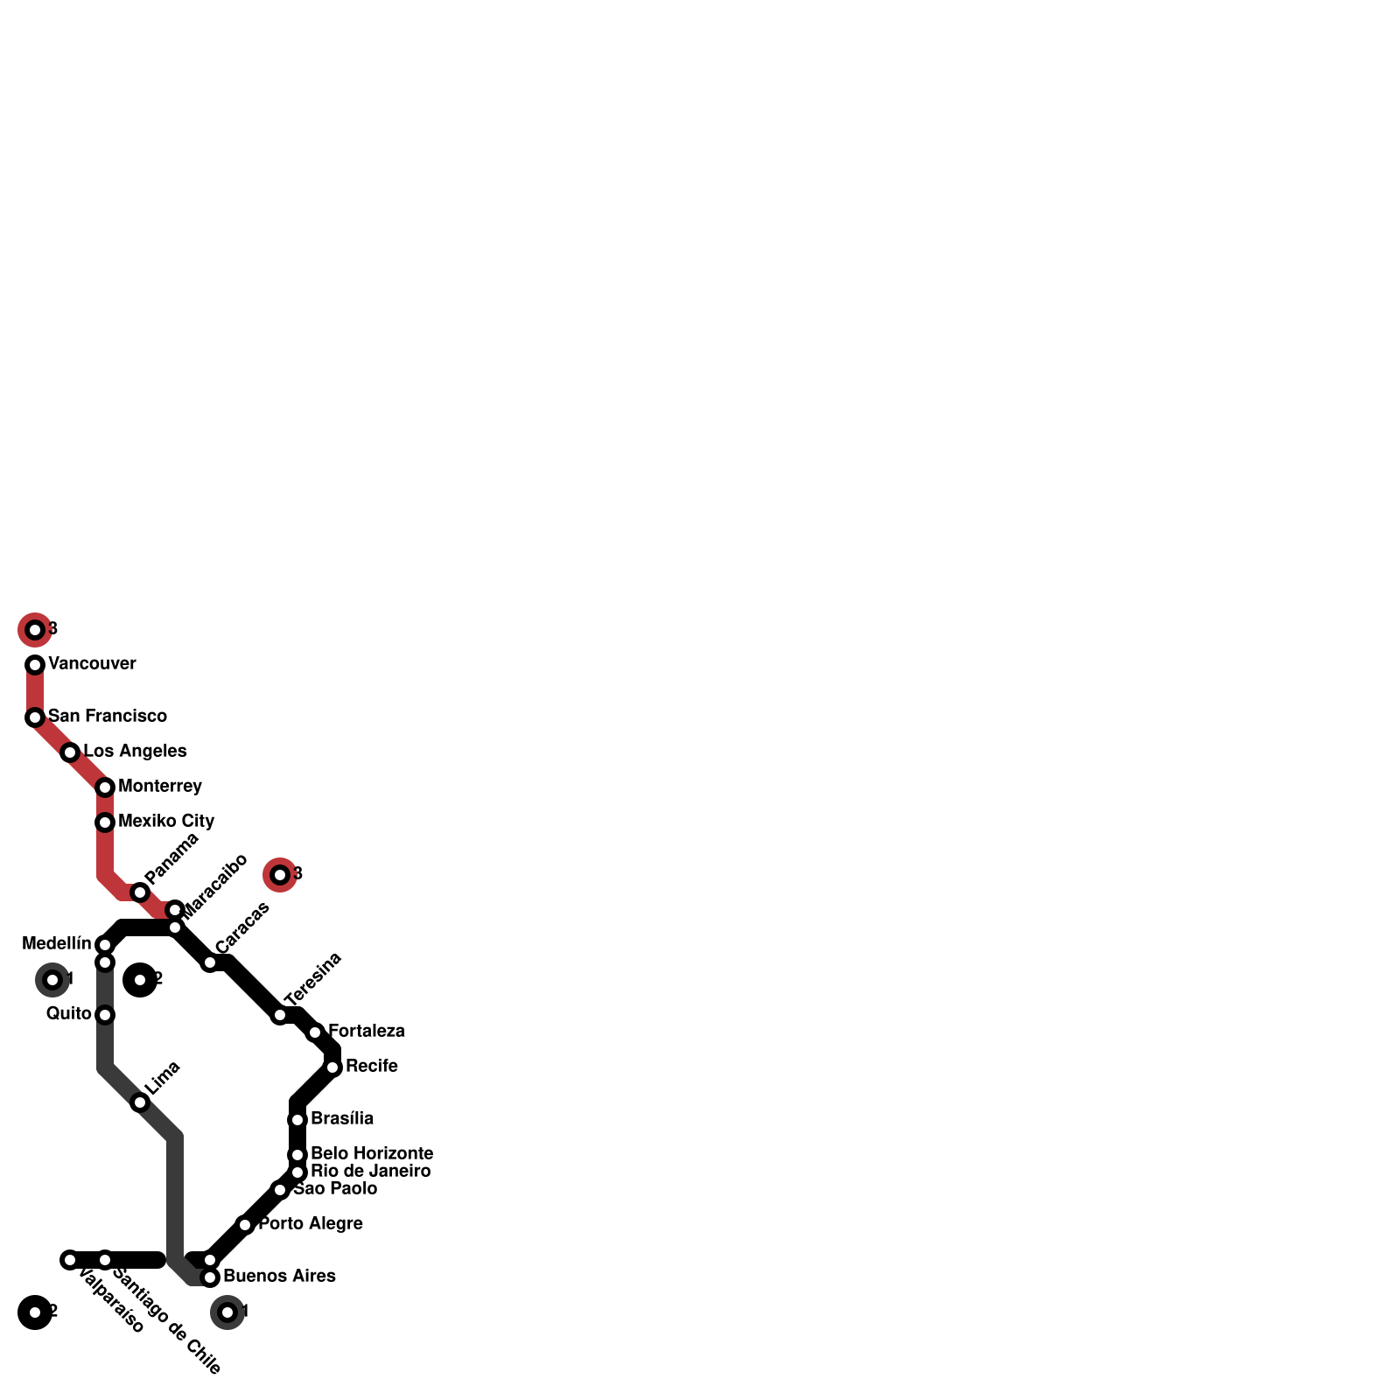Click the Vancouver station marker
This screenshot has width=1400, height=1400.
[x=35, y=665]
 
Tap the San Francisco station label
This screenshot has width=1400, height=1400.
[x=107, y=716]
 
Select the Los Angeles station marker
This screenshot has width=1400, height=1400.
[x=70, y=752]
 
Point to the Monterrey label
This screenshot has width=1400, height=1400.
[x=160, y=786]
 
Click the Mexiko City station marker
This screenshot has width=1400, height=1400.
[x=105, y=822]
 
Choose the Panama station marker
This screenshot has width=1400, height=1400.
[x=140, y=892]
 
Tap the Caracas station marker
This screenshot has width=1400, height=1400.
[x=210, y=962]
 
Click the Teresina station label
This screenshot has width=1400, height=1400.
[x=312, y=978]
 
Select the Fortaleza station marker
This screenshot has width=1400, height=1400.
[x=315, y=1032]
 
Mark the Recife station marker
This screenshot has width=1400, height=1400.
[x=332, y=1067]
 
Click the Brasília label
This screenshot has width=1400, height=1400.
[x=342, y=1118]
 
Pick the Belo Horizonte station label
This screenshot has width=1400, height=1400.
[x=372, y=1153]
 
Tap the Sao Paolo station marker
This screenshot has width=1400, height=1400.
[x=280, y=1190]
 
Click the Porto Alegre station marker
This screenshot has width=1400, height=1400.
[x=245, y=1225]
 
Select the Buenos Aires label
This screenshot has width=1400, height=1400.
[x=279, y=1276]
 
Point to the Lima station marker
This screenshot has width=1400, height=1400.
[x=140, y=1102]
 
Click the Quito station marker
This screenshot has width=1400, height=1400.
[x=105, y=1015]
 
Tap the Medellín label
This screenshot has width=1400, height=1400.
[x=57, y=943]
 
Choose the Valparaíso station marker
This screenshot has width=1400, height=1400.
[x=70, y=1260]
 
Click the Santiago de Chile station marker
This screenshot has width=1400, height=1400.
[x=105, y=1260]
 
